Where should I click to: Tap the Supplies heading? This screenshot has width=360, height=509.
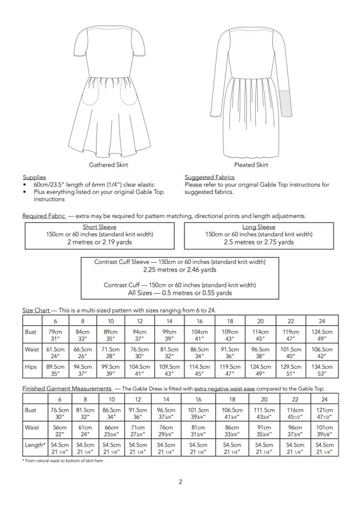(x=34, y=177)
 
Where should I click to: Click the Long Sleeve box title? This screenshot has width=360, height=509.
(x=259, y=227)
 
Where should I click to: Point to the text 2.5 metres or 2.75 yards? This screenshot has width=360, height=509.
(x=259, y=242)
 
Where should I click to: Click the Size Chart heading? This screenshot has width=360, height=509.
(x=35, y=311)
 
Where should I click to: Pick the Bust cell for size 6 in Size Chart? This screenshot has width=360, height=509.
(x=56, y=335)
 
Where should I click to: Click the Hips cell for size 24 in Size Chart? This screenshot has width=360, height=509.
(x=322, y=369)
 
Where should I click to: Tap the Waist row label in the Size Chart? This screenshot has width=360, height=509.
(x=32, y=352)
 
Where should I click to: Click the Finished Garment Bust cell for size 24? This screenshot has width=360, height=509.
(x=322, y=412)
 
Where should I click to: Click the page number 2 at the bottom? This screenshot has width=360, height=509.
(x=180, y=483)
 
